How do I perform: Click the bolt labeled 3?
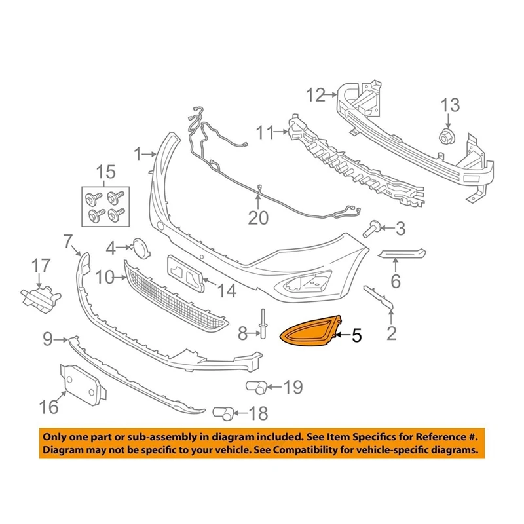[x=371, y=229]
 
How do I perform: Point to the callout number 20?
[x=258, y=217]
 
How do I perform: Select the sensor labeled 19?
[x=256, y=386]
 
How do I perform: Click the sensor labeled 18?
[x=222, y=413]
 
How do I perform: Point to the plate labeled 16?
[x=83, y=384]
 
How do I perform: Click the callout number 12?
[x=315, y=96]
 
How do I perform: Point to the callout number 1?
[x=138, y=155]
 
